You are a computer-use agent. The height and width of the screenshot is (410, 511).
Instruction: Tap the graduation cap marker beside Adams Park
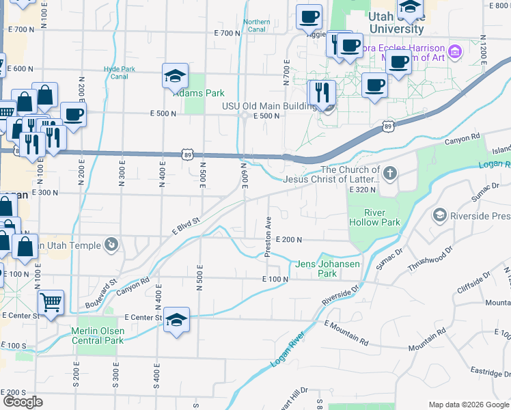[x=175, y=76]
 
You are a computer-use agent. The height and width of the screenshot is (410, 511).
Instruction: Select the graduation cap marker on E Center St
[x=176, y=320]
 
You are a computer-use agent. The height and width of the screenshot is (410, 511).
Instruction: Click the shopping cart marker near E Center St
[x=51, y=301]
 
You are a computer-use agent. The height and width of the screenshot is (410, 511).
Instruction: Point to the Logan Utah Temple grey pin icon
[x=110, y=245]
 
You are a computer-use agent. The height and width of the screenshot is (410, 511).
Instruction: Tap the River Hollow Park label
[x=374, y=217]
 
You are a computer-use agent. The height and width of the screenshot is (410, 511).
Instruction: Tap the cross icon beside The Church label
[x=389, y=172]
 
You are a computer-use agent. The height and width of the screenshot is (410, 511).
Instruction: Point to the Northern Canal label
[x=257, y=26]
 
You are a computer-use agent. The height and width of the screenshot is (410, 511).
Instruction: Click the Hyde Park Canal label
[x=116, y=72]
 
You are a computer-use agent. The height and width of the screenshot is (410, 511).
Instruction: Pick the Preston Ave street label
[x=268, y=236]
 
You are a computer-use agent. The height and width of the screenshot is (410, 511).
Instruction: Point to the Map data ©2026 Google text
[x=468, y=405]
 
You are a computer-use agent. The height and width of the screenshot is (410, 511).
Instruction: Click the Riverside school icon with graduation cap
[x=440, y=216]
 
